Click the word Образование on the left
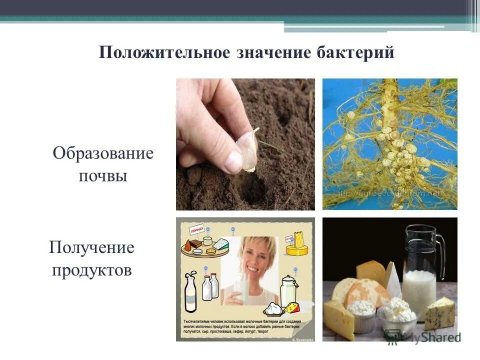(103, 153)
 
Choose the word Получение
(91, 247)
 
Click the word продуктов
(92, 270)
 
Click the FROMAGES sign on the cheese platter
(196, 231)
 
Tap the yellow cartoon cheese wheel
(295, 245)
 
